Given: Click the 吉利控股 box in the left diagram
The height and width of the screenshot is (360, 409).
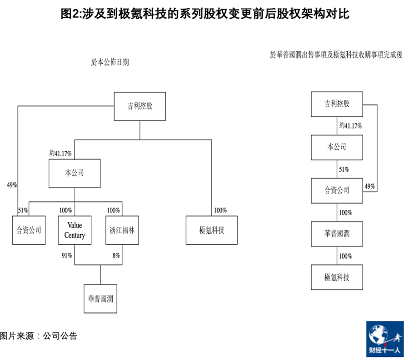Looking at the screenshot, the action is (140, 106).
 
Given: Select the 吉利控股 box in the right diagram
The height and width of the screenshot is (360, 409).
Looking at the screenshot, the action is (337, 104).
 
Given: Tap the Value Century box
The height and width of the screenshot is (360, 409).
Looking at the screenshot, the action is (75, 230).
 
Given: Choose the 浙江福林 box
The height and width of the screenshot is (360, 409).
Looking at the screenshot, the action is (122, 230).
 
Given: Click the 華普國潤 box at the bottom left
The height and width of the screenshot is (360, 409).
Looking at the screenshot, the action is (100, 299).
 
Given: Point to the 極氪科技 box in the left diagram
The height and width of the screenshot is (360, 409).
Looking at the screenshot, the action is (211, 230).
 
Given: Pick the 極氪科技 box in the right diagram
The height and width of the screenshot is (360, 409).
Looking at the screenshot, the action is (337, 277).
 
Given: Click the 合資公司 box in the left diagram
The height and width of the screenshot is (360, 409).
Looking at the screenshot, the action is (29, 230).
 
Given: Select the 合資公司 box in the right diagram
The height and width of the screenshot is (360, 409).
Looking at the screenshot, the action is (337, 191).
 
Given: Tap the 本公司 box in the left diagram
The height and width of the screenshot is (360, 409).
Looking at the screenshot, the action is (75, 173).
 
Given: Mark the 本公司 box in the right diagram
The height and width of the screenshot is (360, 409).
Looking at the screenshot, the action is (337, 148).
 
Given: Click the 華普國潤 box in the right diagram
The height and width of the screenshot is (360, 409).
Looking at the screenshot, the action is (337, 234).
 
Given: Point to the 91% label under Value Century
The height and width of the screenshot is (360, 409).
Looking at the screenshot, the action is (67, 256).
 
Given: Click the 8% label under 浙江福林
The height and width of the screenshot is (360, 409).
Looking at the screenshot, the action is (116, 256).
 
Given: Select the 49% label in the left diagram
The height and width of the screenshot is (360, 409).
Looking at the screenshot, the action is (12, 185).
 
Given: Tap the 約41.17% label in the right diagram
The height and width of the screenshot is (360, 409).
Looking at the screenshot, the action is (350, 126).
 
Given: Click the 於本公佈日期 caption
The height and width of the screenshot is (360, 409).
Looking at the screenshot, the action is (110, 62).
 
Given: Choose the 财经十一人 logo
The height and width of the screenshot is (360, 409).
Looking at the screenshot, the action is (385, 339).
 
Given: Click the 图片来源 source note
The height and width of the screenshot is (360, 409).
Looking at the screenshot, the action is (39, 336).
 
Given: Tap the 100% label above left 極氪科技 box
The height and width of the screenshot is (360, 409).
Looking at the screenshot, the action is (220, 210).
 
